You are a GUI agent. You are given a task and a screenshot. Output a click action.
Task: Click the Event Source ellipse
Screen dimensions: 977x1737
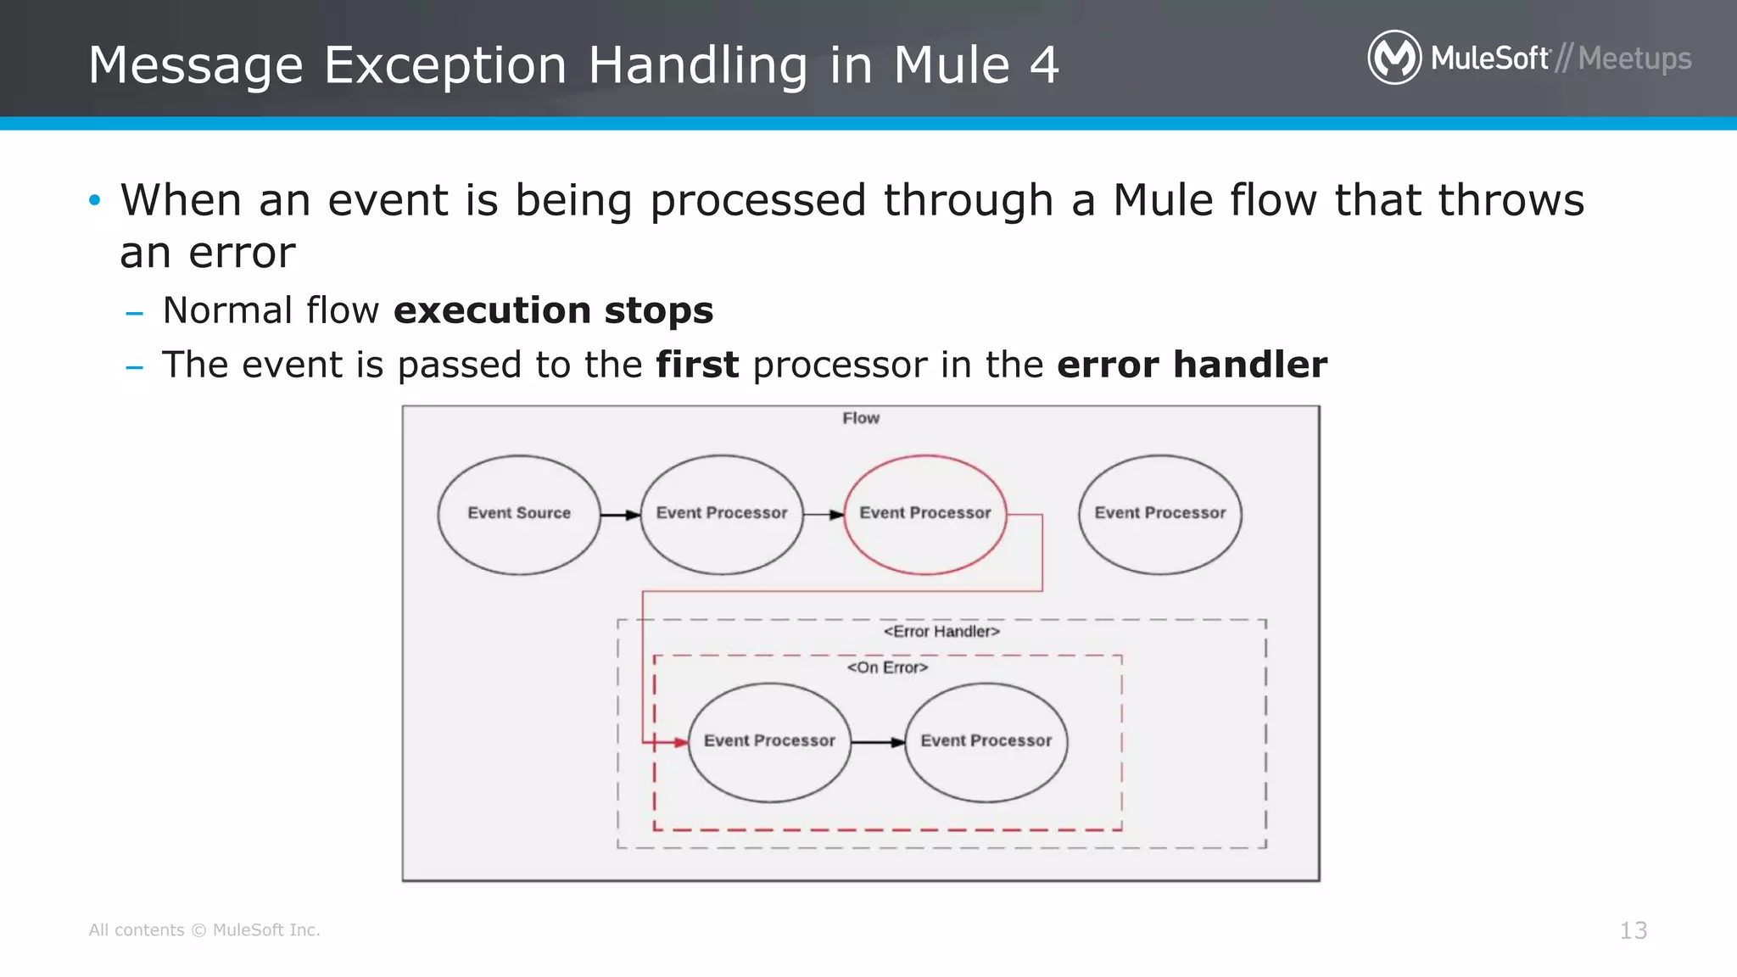pos(519,514)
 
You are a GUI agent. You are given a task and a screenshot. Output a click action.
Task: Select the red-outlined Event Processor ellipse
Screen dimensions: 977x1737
pos(925,514)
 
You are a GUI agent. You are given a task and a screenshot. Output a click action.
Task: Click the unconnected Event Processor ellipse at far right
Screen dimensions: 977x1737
pos(1159,514)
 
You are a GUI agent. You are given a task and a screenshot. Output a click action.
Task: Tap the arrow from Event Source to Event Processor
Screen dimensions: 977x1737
pos(620,515)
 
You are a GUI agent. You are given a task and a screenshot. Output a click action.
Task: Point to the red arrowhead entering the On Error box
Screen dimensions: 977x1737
pos(680,743)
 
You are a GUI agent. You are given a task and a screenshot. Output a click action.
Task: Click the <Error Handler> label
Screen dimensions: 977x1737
pos(941,631)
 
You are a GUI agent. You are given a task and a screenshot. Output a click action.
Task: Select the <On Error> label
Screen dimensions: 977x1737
pos(887,667)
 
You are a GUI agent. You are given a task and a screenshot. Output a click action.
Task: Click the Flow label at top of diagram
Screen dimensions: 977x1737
pos(861,418)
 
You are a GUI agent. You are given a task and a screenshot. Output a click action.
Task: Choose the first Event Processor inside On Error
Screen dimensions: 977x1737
pos(769,741)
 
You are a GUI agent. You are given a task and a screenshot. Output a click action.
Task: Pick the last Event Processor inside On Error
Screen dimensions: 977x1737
pos(986,741)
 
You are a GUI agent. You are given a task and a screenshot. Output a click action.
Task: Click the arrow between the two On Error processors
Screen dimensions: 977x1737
pos(878,743)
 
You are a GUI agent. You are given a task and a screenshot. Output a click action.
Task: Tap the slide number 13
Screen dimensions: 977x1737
pos(1633,930)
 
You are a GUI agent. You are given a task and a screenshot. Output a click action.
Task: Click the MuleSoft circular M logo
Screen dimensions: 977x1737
pos(1394,58)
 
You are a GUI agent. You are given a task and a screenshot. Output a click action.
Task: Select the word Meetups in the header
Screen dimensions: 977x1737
pos(1634,59)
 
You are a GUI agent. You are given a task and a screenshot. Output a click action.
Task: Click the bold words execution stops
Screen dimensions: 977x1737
pos(553,310)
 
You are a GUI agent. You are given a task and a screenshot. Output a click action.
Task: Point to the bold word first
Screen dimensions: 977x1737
pos(697,365)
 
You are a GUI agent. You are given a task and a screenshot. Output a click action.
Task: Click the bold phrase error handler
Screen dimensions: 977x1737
pos(1192,365)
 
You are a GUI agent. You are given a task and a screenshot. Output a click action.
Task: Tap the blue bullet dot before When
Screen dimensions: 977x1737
pos(94,201)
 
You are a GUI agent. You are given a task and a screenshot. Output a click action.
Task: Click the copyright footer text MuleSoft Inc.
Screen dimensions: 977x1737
pos(265,930)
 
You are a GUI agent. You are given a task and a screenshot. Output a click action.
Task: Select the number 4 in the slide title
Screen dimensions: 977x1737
pos(1044,65)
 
